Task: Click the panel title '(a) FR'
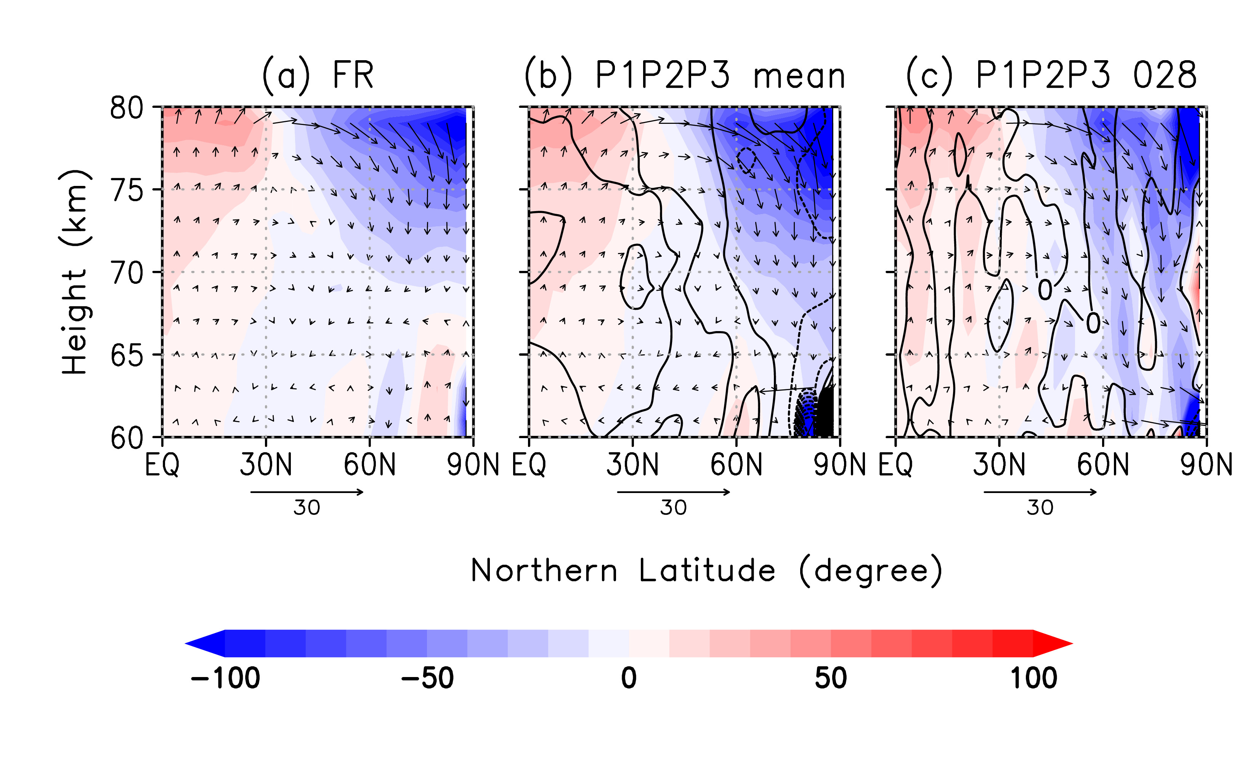tap(318, 75)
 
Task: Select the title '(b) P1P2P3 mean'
tap(684, 75)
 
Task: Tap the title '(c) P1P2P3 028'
tap(1051, 75)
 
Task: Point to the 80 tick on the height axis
tap(127, 108)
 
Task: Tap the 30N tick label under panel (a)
tap(265, 465)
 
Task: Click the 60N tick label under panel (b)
tap(736, 465)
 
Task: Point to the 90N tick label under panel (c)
tap(1206, 465)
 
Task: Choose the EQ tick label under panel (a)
tap(162, 465)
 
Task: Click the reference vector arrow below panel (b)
tap(674, 492)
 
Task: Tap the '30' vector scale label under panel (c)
tap(1040, 508)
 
